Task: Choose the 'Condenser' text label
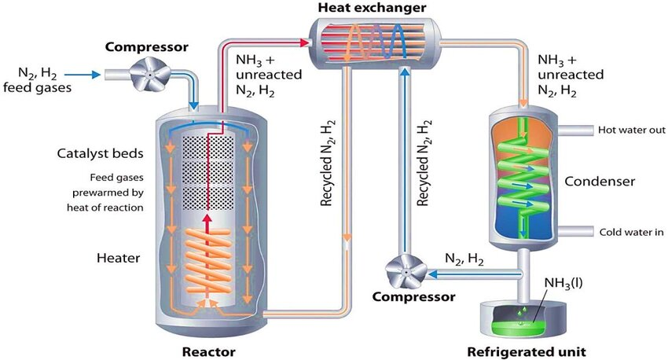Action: pyautogui.click(x=599, y=182)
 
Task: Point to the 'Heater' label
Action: pyautogui.click(x=120, y=258)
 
